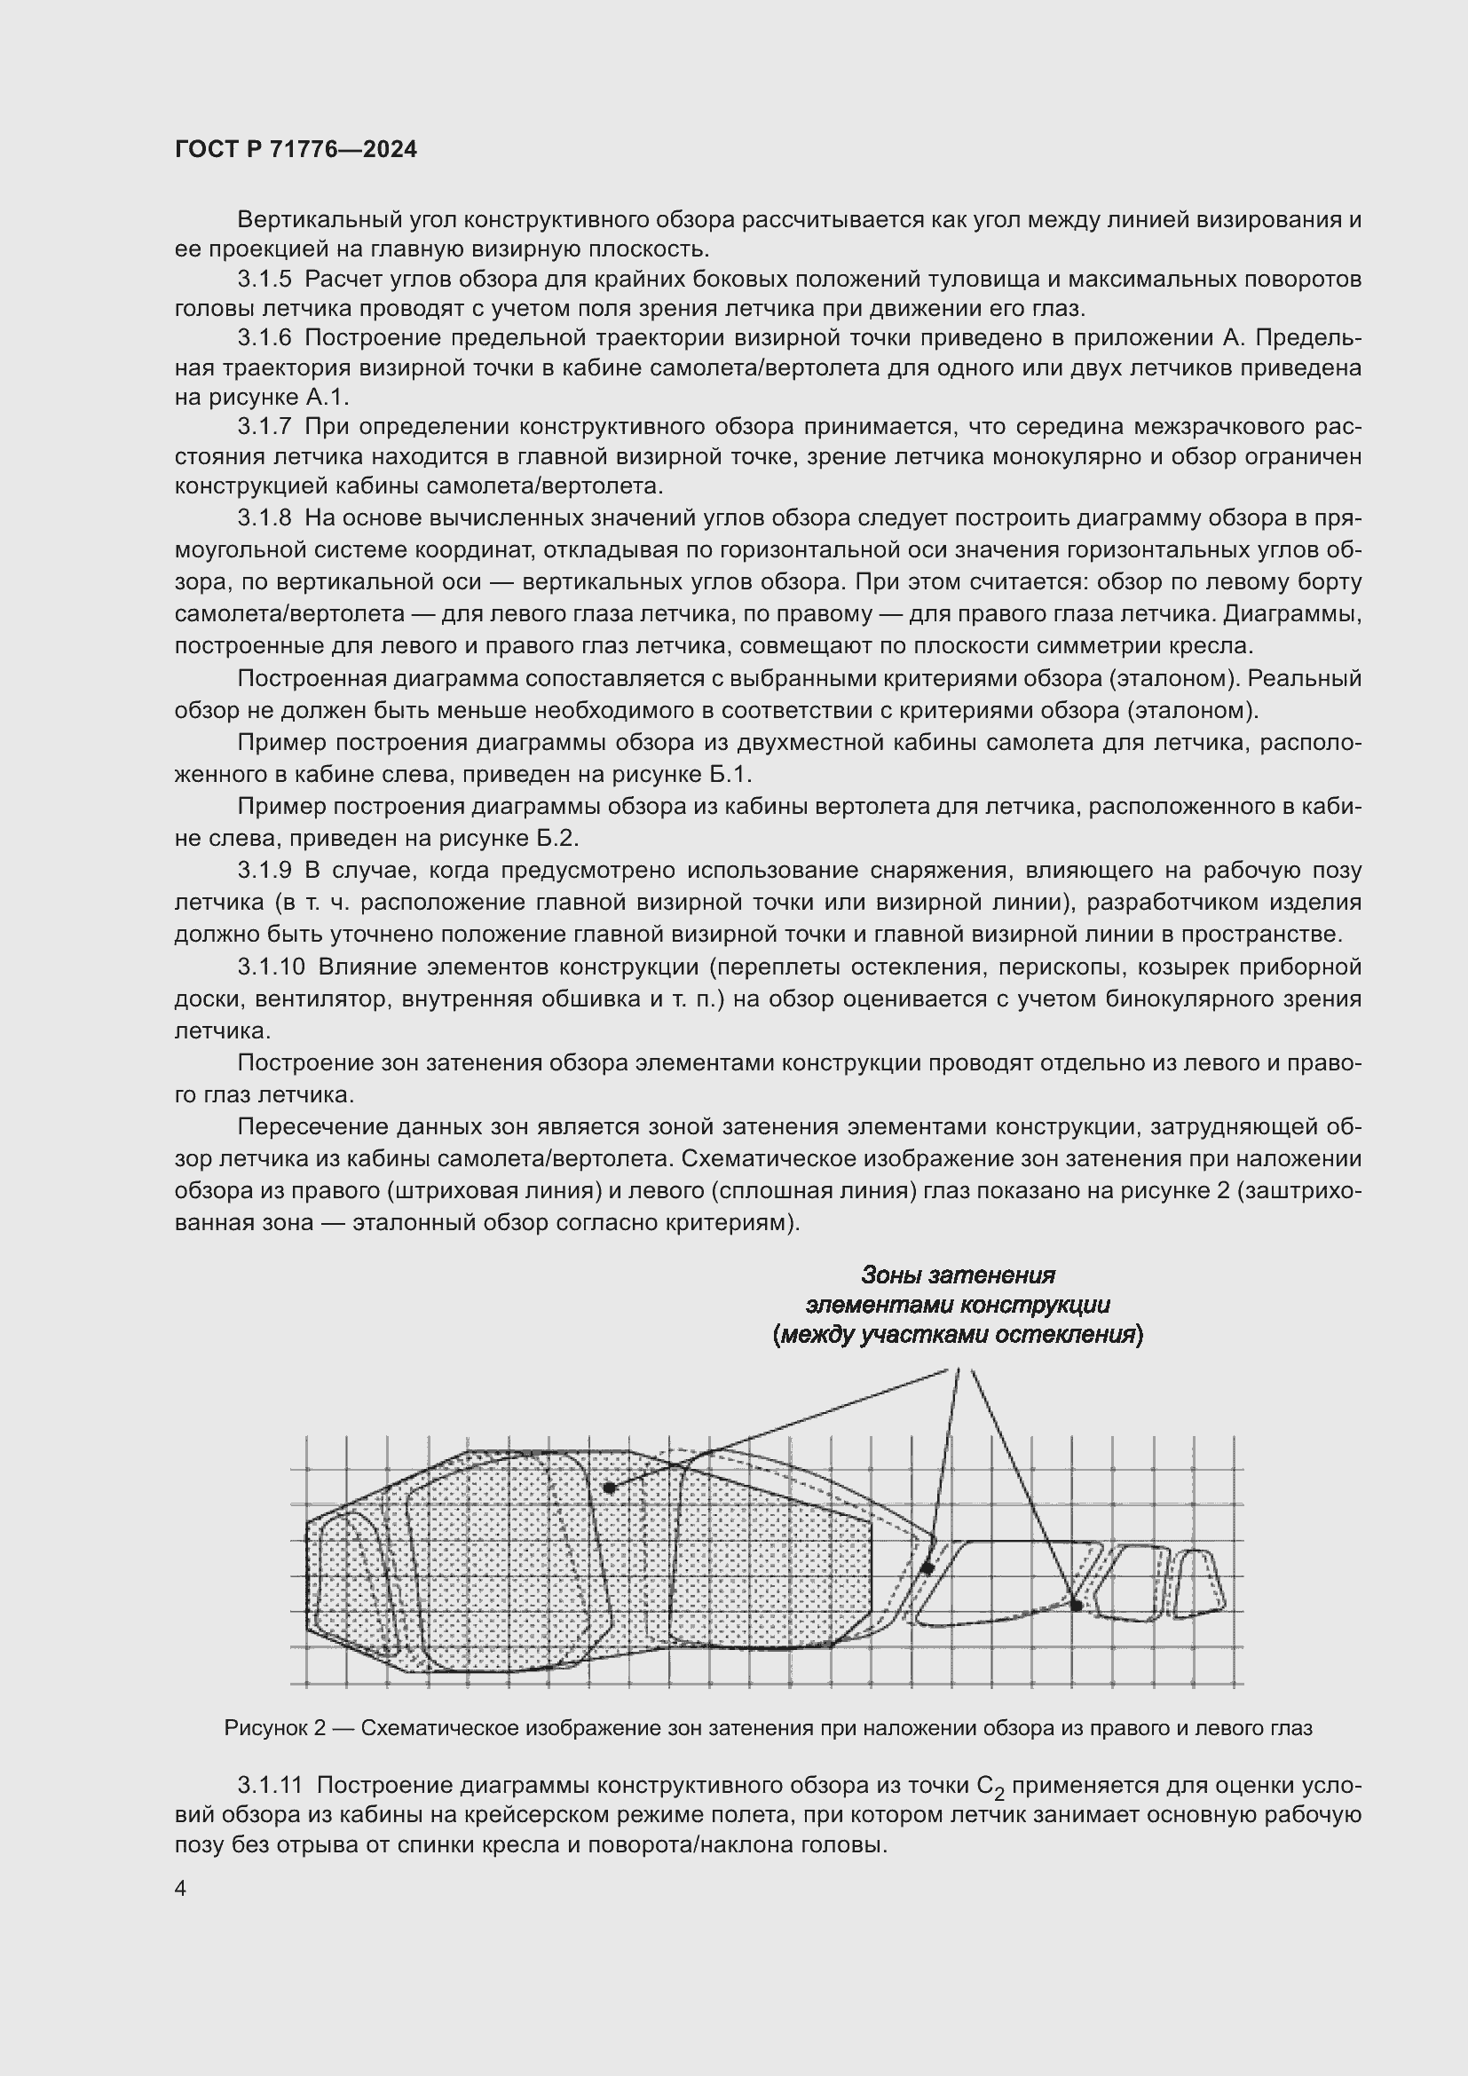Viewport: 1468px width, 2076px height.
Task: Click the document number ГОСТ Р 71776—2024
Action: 296,150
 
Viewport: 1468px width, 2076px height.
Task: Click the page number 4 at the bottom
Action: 181,1889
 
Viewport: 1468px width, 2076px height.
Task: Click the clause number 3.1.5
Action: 264,279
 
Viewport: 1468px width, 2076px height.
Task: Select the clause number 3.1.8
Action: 264,518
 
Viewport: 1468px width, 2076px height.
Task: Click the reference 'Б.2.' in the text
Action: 557,838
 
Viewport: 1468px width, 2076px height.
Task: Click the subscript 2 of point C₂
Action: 999,1793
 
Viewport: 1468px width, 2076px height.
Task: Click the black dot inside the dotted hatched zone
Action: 609,1488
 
